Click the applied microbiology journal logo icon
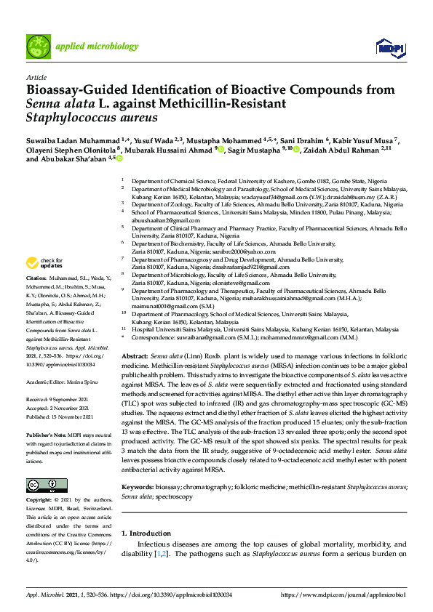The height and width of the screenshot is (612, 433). [x=39, y=46]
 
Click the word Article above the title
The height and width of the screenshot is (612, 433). [x=36, y=76]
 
